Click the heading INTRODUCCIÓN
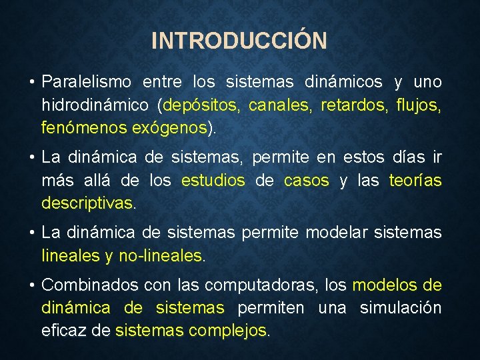239,41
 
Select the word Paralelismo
87,83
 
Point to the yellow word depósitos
204,105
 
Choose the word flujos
418,105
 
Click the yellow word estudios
213,181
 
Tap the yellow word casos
307,181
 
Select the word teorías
415,181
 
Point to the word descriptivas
87,203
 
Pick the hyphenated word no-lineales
160,255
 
